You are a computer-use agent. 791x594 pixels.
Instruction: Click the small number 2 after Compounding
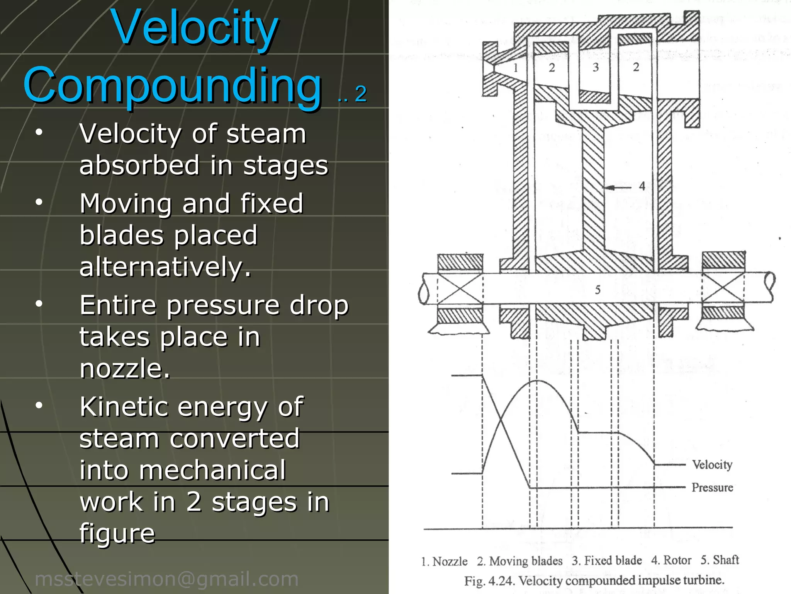tap(361, 94)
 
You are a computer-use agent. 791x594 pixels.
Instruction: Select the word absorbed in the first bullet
tap(139, 166)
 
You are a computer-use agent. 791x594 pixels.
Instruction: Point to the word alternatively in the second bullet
tap(165, 267)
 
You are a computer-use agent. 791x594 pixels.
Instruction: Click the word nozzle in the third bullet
tap(124, 369)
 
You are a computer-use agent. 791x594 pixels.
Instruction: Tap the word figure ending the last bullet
tap(117, 534)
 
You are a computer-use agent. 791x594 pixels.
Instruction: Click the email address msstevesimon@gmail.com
tap(166, 579)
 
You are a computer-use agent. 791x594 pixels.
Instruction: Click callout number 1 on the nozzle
tap(516, 68)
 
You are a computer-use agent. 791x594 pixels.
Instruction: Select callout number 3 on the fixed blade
tap(596, 67)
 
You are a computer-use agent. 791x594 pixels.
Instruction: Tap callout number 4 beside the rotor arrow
tap(642, 186)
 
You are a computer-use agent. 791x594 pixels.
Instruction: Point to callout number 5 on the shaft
tap(597, 290)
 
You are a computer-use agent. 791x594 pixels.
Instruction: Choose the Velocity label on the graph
tap(712, 464)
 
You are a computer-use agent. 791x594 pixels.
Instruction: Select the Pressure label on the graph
tap(712, 487)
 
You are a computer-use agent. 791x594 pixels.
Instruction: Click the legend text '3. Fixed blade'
tap(607, 560)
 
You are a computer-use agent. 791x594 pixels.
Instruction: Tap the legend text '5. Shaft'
tap(720, 560)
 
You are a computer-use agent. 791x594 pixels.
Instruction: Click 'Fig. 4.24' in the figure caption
tap(489, 581)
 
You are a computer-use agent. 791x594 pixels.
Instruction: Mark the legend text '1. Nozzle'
tap(444, 561)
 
